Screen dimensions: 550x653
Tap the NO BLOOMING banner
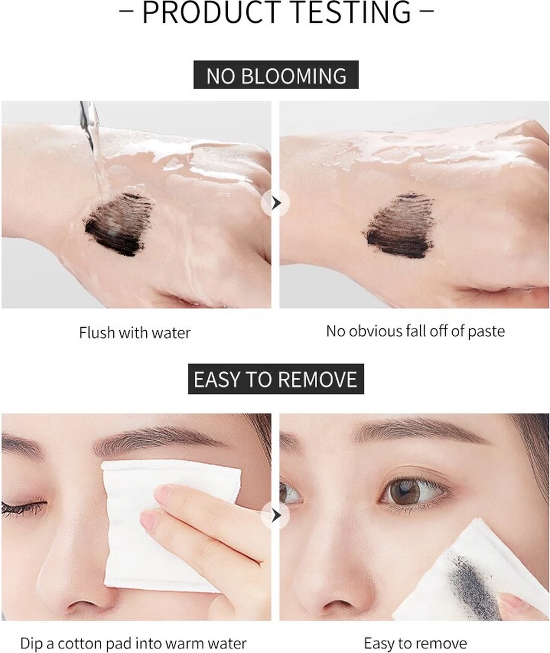(x=276, y=75)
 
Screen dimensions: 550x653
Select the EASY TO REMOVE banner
(x=276, y=379)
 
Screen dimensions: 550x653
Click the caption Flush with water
(x=135, y=332)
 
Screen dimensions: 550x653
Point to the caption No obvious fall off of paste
(x=415, y=331)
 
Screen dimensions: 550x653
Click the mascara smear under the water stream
(x=118, y=224)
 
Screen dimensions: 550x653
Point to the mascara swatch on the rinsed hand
(x=398, y=226)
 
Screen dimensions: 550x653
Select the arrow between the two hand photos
(x=276, y=204)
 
